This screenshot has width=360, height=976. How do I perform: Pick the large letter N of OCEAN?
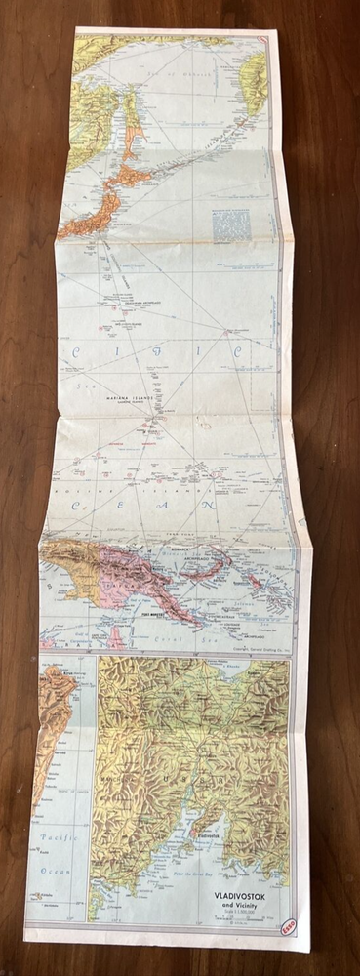262,506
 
